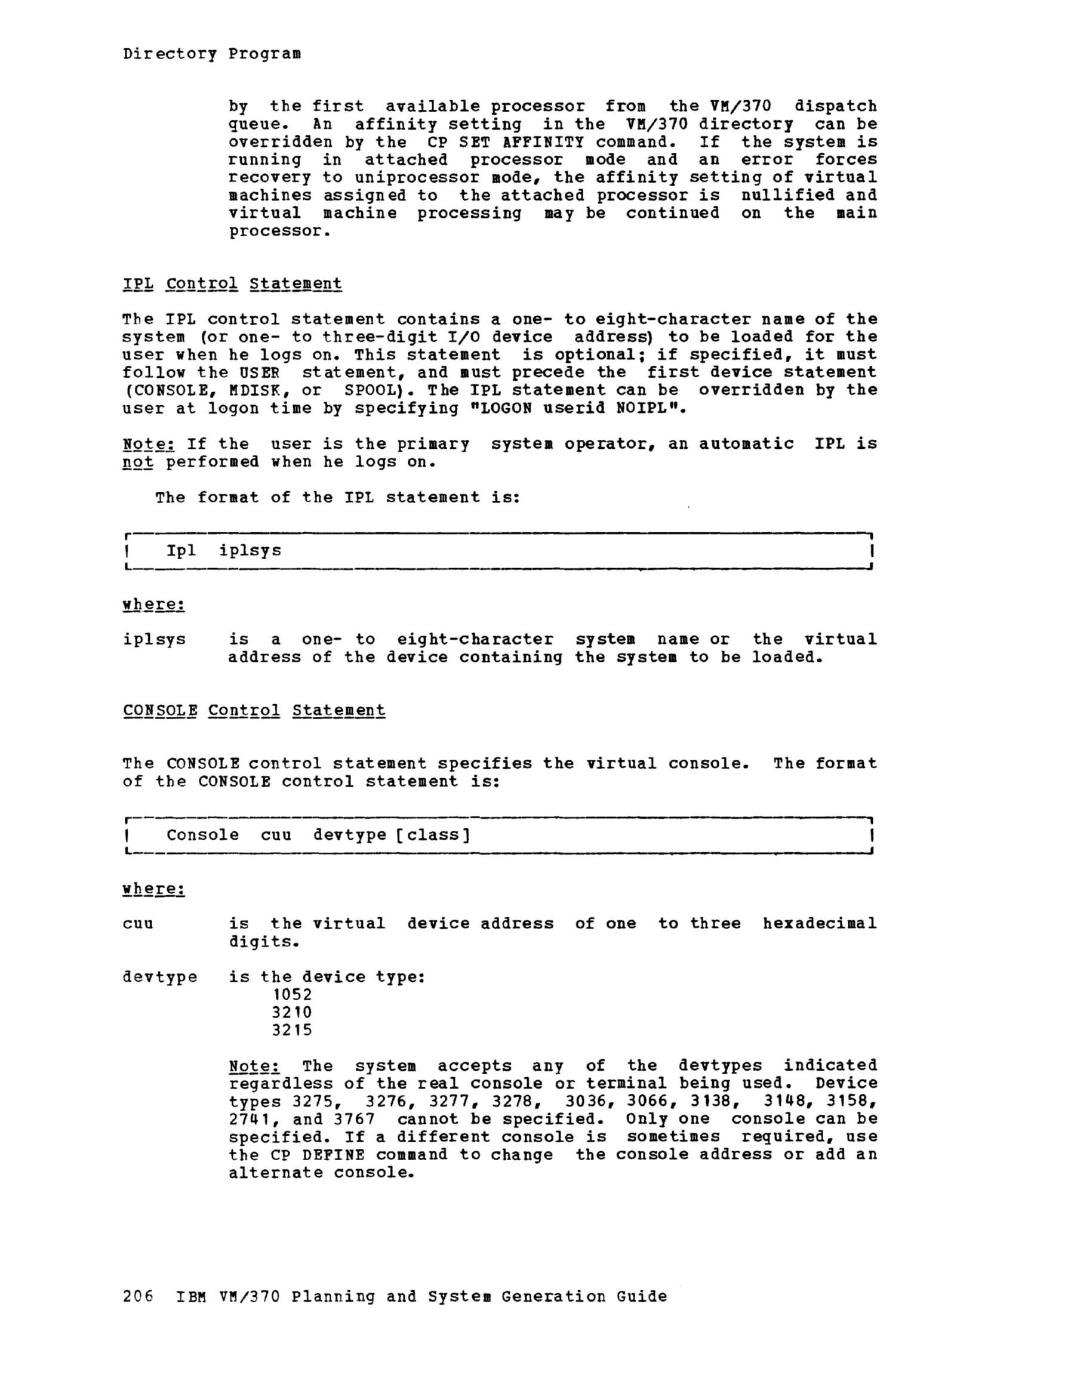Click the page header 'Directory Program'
point(211,54)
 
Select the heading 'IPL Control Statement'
point(232,284)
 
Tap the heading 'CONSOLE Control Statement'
point(254,710)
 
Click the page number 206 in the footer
point(138,1297)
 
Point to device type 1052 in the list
point(292,995)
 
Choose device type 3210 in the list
point(292,1013)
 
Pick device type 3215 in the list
point(292,1030)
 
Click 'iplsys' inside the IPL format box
point(250,551)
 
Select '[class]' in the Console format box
point(433,836)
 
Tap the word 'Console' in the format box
point(202,836)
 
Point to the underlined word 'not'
point(138,463)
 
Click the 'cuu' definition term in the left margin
point(138,924)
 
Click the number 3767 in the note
point(354,1120)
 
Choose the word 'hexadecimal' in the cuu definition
point(820,924)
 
